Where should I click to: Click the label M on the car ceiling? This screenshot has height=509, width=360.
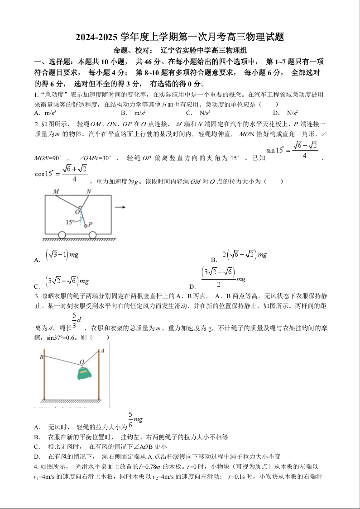pyautogui.click(x=56, y=191)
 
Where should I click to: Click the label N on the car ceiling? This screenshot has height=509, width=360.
pyautogui.click(x=89, y=191)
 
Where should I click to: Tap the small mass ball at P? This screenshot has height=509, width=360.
pyautogui.click(x=85, y=225)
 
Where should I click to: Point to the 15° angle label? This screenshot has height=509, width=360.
pyautogui.click(x=70, y=222)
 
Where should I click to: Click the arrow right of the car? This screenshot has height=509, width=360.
pyautogui.click(x=120, y=208)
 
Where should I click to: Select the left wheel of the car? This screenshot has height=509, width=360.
pyautogui.click(x=62, y=235)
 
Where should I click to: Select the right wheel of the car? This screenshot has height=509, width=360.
pyautogui.click(x=92, y=235)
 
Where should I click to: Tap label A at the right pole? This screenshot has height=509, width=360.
pyautogui.click(x=102, y=350)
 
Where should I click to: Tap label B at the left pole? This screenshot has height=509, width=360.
pyautogui.click(x=41, y=357)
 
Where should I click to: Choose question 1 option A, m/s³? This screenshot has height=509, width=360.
pyautogui.click(x=45, y=113)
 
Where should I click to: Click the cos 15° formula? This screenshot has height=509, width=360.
pyautogui.click(x=61, y=173)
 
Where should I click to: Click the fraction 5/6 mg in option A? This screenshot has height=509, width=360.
pyautogui.click(x=135, y=420)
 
